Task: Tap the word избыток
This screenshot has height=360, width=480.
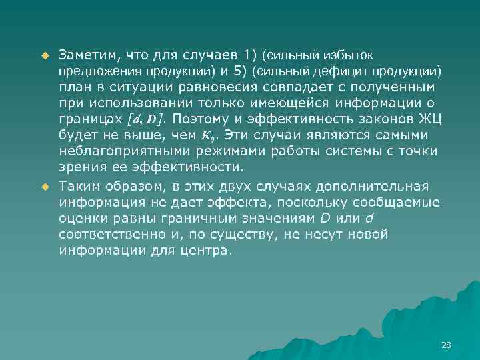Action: pyautogui.click(x=360, y=53)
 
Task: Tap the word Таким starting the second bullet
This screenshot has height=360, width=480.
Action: pyautogui.click(x=79, y=186)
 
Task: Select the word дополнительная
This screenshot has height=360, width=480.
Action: pyautogui.click(x=375, y=186)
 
